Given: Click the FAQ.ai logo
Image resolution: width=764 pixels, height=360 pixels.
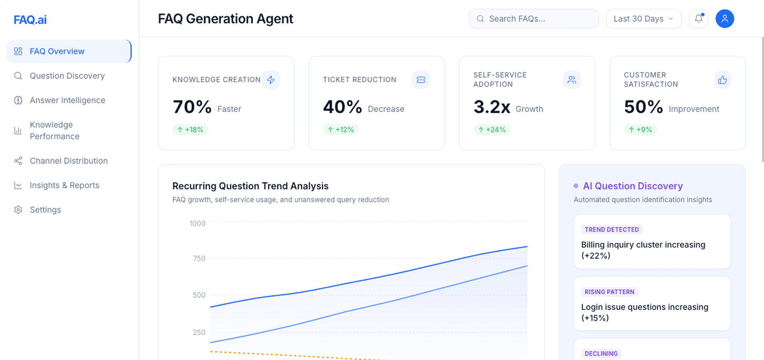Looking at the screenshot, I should [x=30, y=20].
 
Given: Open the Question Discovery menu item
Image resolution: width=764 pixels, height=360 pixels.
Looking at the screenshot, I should [x=67, y=76].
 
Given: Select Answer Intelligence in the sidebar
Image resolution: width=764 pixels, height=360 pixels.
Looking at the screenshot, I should [x=67, y=100].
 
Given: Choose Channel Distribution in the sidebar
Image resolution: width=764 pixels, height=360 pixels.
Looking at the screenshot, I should [x=69, y=161].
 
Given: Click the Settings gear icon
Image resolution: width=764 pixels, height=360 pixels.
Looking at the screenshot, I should [x=18, y=210].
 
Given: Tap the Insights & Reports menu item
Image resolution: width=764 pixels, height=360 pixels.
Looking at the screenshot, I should [x=64, y=185].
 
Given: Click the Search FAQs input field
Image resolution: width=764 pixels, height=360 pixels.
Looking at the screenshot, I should [x=534, y=19].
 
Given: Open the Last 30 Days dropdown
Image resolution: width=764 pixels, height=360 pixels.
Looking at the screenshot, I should [x=643, y=19].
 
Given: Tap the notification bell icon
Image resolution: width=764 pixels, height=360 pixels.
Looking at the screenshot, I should [x=699, y=18].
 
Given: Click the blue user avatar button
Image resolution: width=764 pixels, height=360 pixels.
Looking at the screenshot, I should [x=725, y=19].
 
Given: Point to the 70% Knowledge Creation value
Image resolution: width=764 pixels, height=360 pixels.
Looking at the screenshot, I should [x=192, y=107].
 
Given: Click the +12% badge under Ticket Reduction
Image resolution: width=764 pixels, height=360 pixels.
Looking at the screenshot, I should [x=341, y=130].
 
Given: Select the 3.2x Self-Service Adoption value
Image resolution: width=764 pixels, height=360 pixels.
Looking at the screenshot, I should [x=492, y=107].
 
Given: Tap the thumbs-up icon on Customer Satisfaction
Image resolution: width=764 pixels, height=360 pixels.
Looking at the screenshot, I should [x=723, y=80].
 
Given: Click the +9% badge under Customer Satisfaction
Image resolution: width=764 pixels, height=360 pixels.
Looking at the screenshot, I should [x=640, y=130].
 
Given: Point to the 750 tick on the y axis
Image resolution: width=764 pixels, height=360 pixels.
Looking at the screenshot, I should [x=199, y=258].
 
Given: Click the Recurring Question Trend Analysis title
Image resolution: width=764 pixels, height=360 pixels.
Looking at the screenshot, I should [x=250, y=186].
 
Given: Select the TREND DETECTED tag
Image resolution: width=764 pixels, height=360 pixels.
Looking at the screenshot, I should [x=612, y=230].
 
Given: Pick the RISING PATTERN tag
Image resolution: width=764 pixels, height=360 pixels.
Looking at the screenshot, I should [x=609, y=292].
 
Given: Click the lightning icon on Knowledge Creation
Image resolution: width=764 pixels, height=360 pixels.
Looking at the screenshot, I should [x=271, y=80].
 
